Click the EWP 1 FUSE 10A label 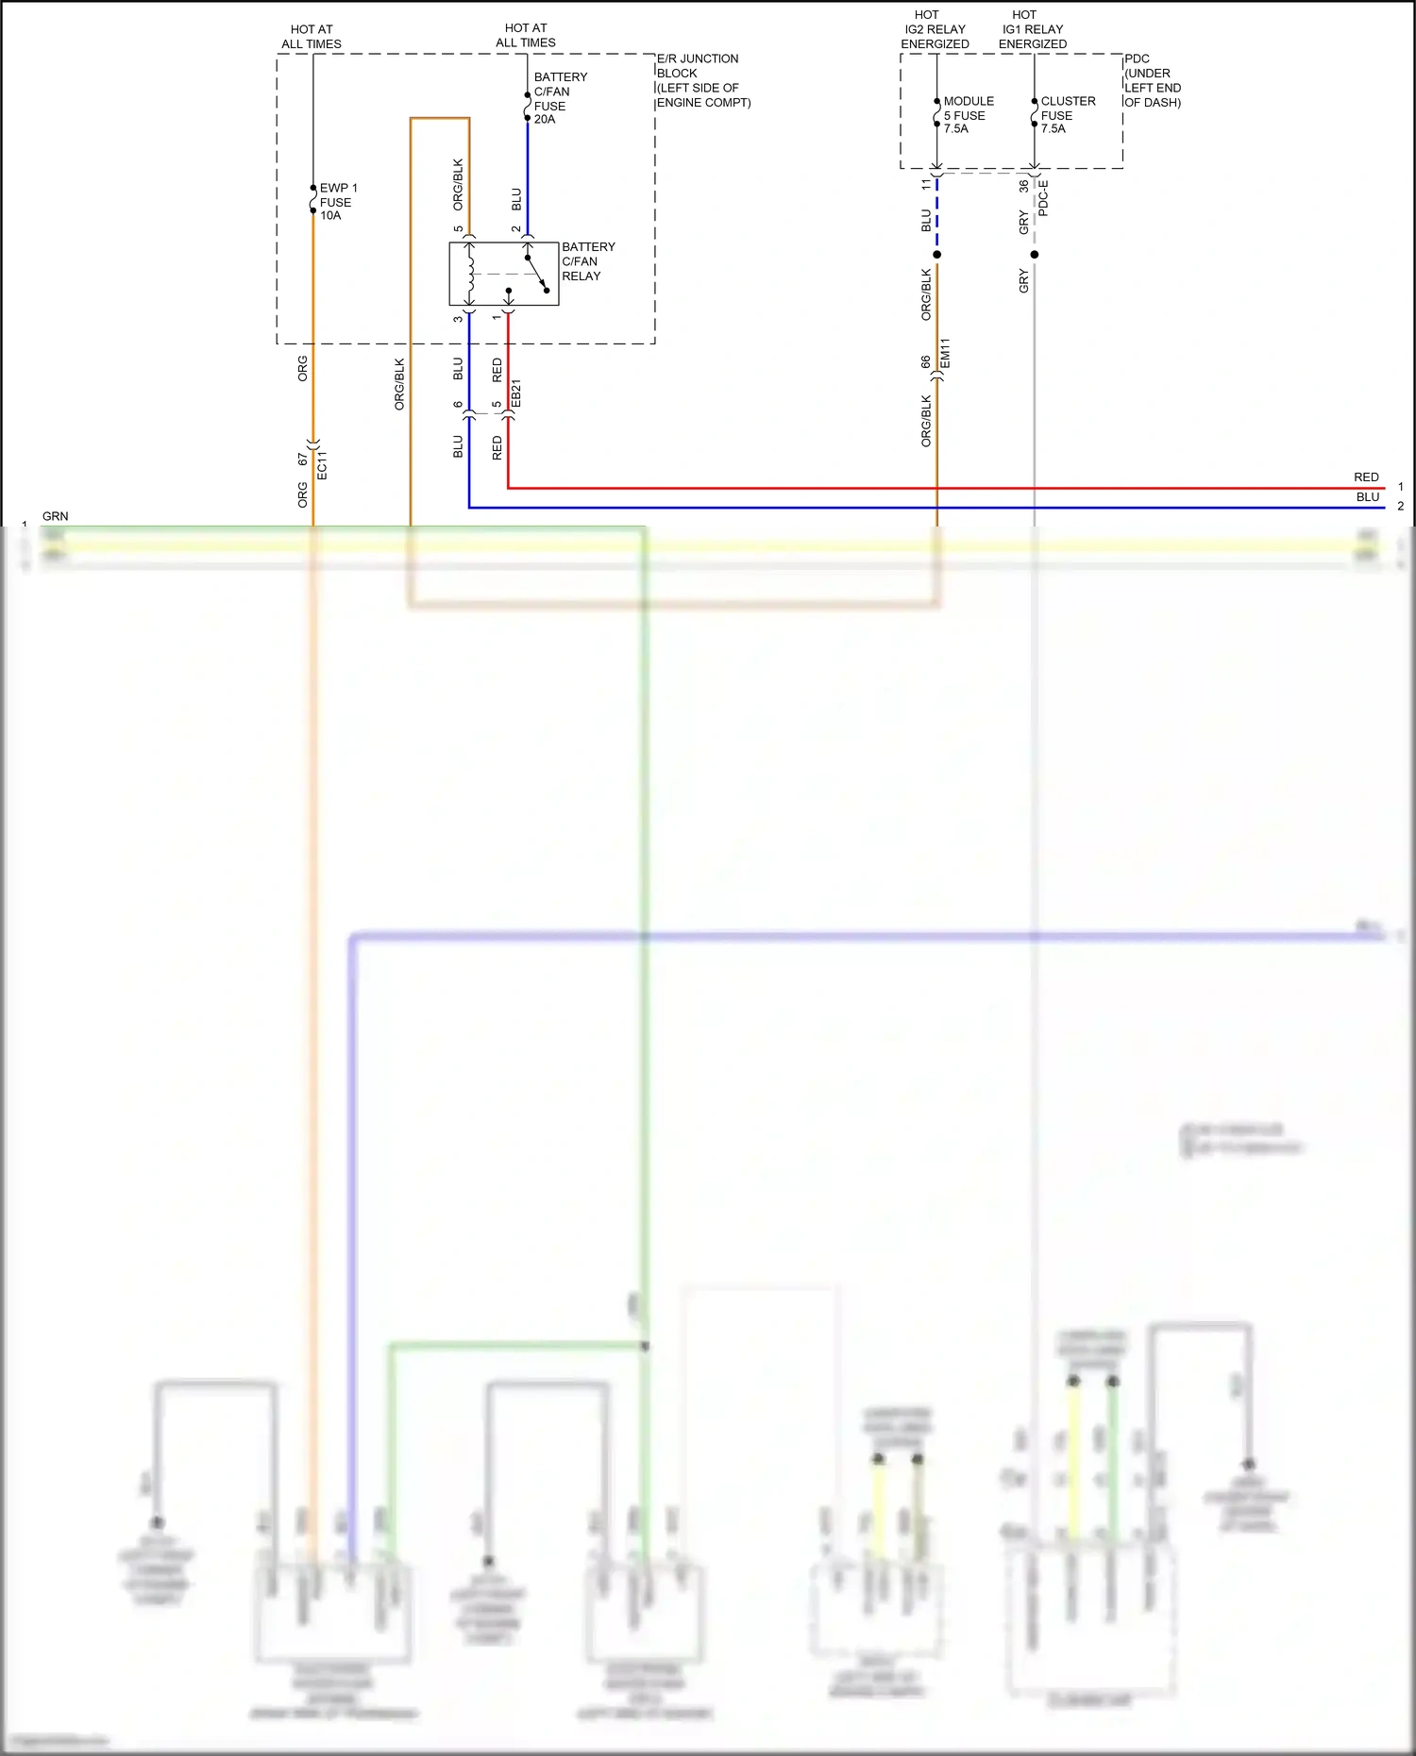tap(337, 202)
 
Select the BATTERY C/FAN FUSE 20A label tap(559, 98)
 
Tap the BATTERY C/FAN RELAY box tap(504, 274)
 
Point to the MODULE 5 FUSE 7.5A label tap(968, 115)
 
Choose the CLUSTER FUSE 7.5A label tap(1067, 115)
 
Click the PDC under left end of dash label tap(1152, 80)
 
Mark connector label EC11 tap(322, 465)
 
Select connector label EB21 tap(515, 394)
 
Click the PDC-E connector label tap(1043, 198)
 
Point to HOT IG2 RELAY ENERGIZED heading tap(935, 29)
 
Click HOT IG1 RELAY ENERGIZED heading tap(1033, 29)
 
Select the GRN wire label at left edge tap(55, 516)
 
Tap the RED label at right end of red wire tap(1366, 477)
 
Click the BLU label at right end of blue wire tap(1368, 497)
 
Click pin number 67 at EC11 tap(302, 460)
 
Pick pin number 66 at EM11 tap(926, 361)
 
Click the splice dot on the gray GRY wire tap(1035, 255)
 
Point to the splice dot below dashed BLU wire tap(936, 255)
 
